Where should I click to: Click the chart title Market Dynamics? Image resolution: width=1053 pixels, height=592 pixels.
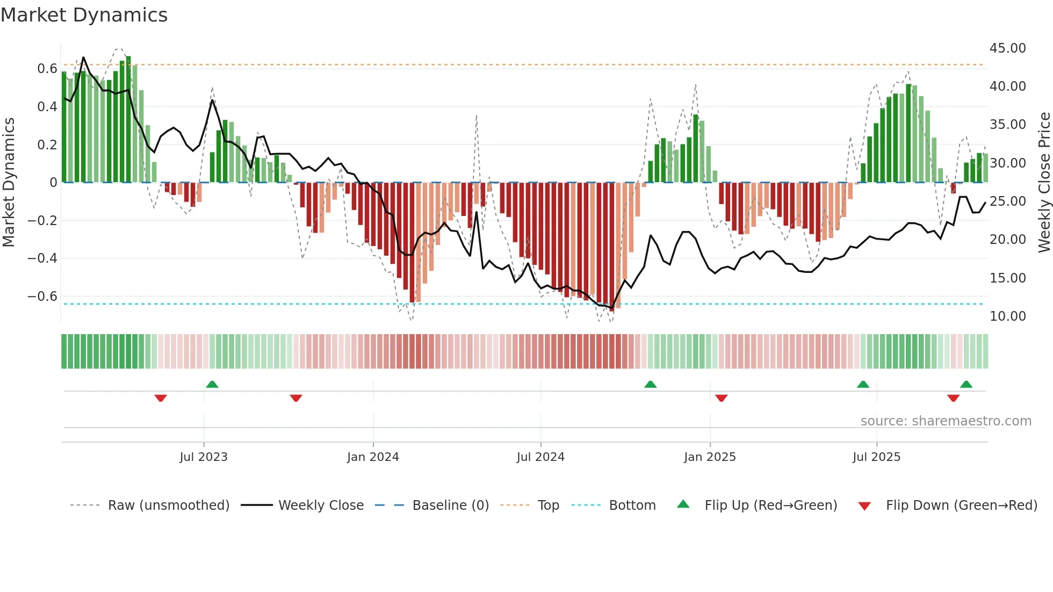point(84,15)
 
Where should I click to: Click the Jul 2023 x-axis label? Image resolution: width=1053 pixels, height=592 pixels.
point(204,457)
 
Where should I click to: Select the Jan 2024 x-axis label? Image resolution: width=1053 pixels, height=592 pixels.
point(373,457)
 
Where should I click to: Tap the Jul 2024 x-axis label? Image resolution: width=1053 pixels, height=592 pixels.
point(540,457)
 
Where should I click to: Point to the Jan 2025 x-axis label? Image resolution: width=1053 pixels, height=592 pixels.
point(710,457)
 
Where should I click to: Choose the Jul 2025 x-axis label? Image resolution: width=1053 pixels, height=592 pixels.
point(876,457)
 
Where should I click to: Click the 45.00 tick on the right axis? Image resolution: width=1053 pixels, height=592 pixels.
point(1007,48)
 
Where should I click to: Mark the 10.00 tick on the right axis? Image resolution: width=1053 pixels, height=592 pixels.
point(1007,316)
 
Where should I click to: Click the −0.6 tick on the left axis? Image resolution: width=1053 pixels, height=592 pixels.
point(42,297)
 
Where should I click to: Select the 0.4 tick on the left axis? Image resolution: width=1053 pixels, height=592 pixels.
point(47,107)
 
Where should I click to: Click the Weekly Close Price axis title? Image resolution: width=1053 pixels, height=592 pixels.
point(1044,183)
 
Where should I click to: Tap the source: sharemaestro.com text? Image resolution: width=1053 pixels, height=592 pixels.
point(946,421)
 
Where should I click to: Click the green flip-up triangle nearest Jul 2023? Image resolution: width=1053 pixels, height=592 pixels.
point(212,384)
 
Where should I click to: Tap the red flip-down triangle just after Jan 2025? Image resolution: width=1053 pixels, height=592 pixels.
point(722,398)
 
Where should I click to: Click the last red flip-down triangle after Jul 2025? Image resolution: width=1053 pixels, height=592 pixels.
point(954,398)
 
